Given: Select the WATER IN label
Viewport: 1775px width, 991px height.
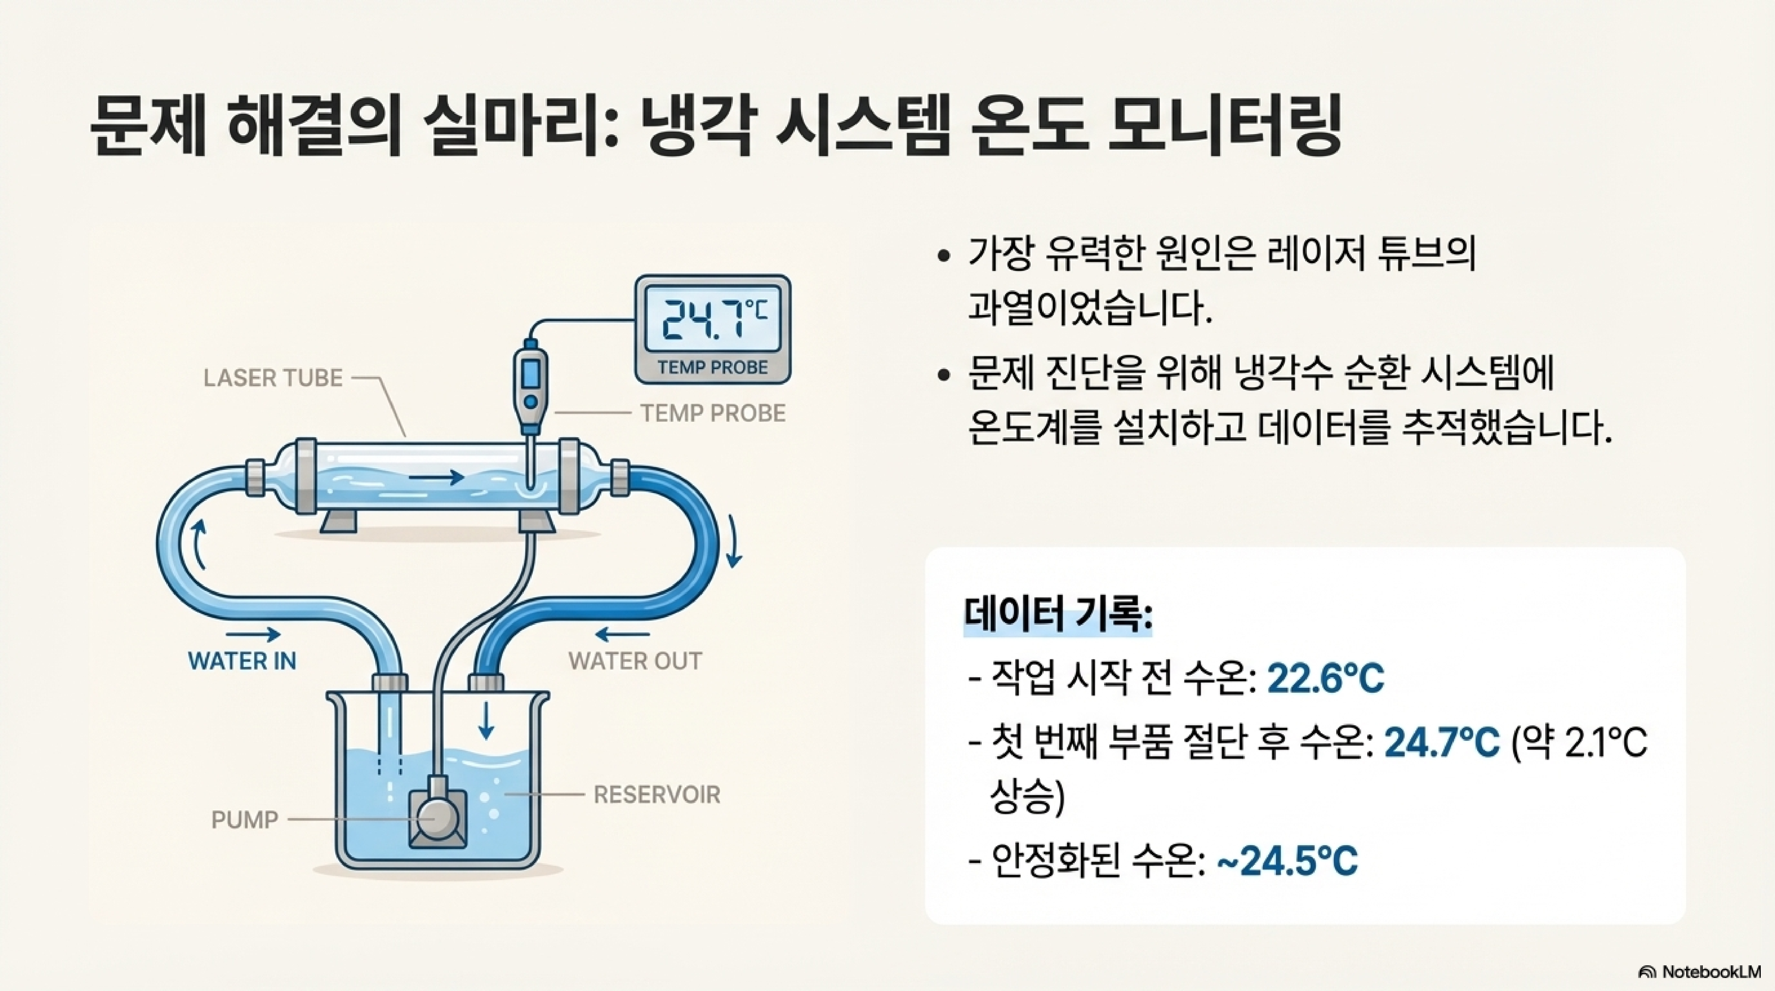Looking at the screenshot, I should click(242, 661).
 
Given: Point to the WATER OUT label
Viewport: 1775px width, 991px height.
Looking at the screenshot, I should click(635, 661).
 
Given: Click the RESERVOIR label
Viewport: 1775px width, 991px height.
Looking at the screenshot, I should click(657, 795).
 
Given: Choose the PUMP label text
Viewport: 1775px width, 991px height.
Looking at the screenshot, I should click(245, 819).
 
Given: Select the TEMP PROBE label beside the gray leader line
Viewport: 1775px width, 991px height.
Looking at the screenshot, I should click(712, 413).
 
